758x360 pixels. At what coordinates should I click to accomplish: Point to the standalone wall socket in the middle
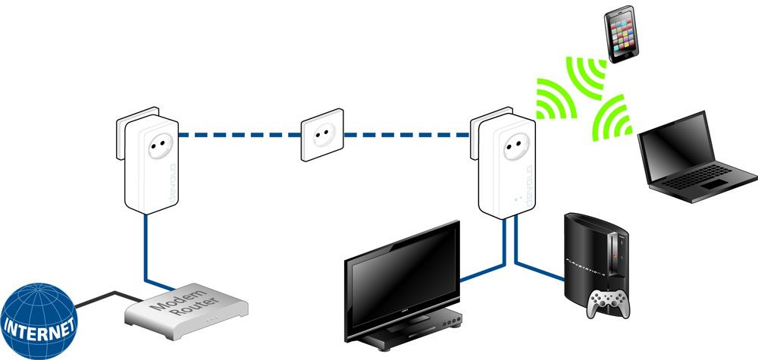(x=321, y=136)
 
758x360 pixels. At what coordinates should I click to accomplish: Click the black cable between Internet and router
(x=106, y=296)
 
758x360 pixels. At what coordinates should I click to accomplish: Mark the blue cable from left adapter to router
(x=144, y=250)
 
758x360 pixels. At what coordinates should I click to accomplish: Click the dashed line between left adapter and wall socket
(x=235, y=136)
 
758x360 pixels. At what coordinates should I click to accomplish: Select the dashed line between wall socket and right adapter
(x=409, y=136)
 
